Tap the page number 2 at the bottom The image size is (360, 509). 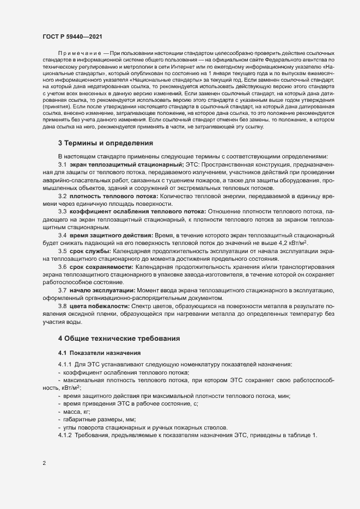coord(44,464)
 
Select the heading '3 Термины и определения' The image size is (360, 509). coord(105,143)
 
